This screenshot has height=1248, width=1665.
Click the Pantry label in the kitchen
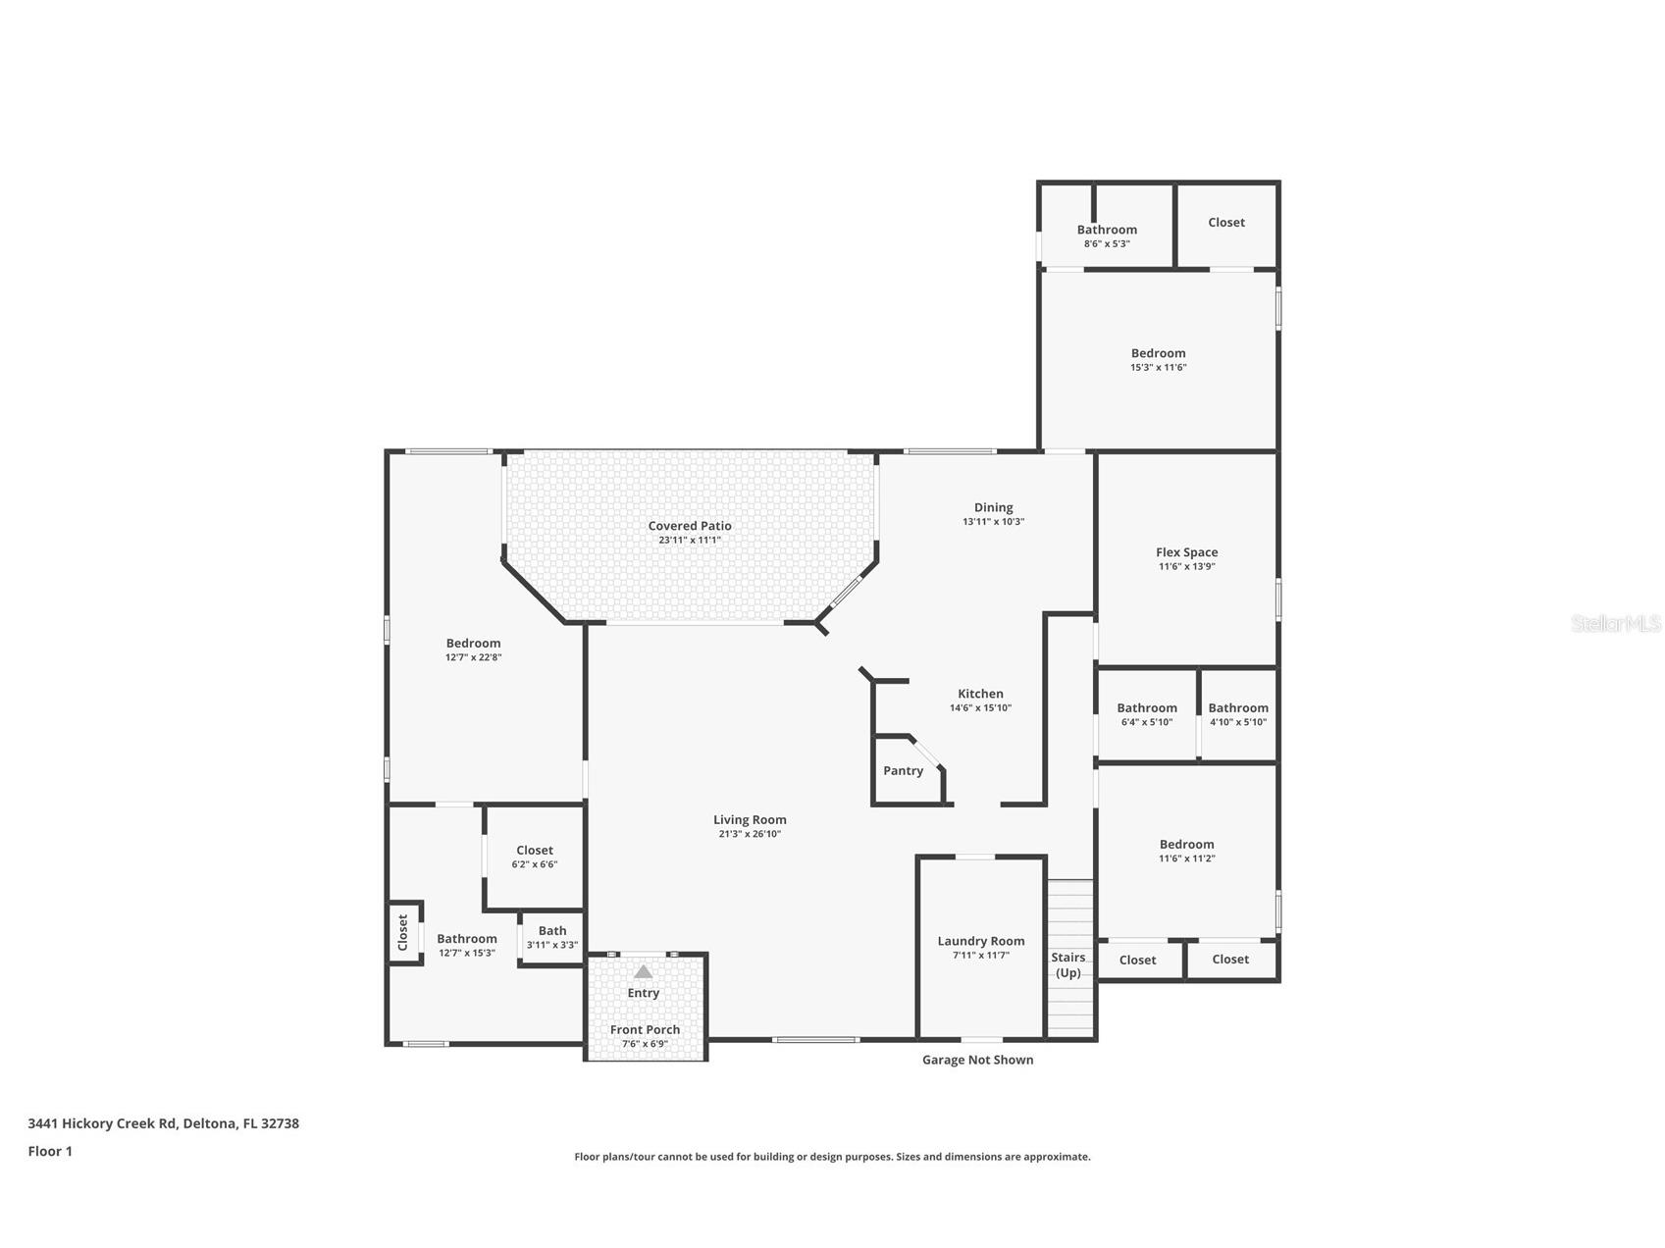click(903, 770)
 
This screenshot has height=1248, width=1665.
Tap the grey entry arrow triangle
click(643, 971)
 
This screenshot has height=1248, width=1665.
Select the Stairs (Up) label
click(1068, 964)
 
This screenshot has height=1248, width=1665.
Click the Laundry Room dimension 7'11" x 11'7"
click(980, 955)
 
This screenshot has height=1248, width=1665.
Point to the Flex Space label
click(1186, 552)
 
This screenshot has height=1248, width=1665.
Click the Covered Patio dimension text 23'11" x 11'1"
click(690, 540)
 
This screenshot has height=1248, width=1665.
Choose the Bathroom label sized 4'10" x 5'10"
click(1237, 707)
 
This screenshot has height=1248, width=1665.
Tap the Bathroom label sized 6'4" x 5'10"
click(1146, 707)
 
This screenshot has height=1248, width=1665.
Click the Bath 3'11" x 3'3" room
click(552, 937)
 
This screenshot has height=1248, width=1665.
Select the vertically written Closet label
click(402, 932)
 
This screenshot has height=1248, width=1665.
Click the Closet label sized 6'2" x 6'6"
click(535, 850)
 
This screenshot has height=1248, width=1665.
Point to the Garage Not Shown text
click(977, 1060)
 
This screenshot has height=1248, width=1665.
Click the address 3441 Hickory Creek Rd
click(163, 1123)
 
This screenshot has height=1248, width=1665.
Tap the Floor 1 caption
click(50, 1151)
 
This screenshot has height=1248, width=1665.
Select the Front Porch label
click(645, 1029)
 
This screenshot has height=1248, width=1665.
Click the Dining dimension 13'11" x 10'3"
click(993, 522)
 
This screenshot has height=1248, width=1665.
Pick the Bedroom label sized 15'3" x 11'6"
click(1158, 353)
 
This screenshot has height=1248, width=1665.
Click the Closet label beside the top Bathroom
click(1225, 223)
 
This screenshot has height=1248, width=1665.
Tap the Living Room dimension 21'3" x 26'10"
click(750, 834)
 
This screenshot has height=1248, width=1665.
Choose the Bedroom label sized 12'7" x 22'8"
click(473, 644)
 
